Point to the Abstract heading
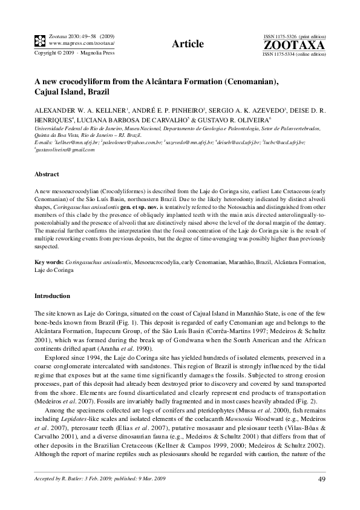[x=47, y=173]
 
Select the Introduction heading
[x=52, y=296]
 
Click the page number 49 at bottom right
[x=322, y=480]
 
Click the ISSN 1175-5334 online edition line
[x=294, y=54]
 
